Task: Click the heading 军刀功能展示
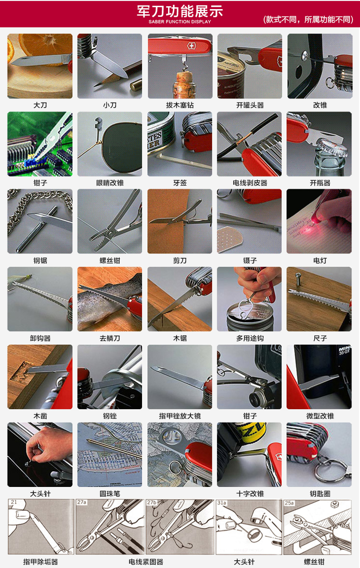pyautogui.click(x=180, y=11)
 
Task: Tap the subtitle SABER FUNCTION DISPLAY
pyautogui.click(x=180, y=22)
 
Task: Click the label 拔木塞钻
pyautogui.click(x=180, y=105)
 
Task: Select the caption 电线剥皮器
pyautogui.click(x=250, y=183)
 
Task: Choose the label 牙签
pyautogui.click(x=180, y=183)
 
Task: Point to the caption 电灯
pyautogui.click(x=320, y=260)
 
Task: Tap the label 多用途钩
pyautogui.click(x=250, y=338)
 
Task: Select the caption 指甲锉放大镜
pyautogui.click(x=180, y=416)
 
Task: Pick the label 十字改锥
pyautogui.click(x=250, y=494)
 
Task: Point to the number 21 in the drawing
pyautogui.click(x=14, y=502)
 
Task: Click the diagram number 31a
pyautogui.click(x=222, y=503)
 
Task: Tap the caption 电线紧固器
pyautogui.click(x=146, y=562)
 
